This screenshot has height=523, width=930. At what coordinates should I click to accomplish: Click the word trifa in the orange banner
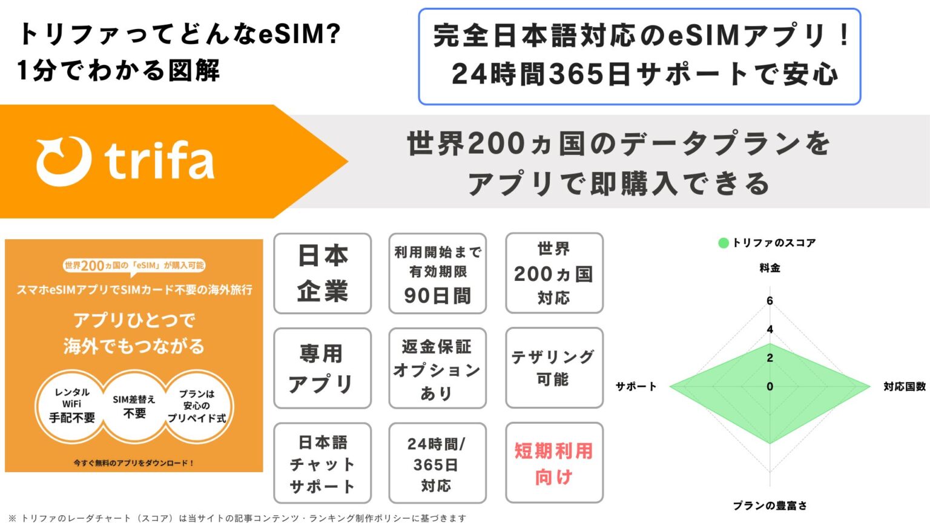click(159, 161)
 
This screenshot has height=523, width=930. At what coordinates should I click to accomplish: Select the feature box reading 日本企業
click(322, 274)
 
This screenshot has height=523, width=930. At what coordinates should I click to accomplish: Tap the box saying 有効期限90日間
click(437, 274)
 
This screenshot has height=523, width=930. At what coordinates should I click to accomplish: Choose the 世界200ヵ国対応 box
click(554, 274)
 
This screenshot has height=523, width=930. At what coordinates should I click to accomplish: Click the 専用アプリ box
click(322, 368)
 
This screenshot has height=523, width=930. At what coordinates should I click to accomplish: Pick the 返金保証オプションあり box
click(437, 368)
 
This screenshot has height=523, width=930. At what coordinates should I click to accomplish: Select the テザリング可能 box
click(554, 368)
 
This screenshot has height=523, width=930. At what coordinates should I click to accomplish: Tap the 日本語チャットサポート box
click(322, 463)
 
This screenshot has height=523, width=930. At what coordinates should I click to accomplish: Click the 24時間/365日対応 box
click(437, 463)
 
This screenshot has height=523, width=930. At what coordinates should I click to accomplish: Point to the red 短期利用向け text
click(554, 463)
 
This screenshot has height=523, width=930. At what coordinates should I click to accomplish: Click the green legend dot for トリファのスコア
click(723, 243)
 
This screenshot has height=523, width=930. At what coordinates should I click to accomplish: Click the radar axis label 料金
click(770, 268)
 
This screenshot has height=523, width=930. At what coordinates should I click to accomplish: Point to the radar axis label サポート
click(636, 386)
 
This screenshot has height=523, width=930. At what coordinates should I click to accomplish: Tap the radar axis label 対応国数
click(904, 386)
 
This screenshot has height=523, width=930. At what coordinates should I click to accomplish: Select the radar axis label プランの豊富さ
click(770, 505)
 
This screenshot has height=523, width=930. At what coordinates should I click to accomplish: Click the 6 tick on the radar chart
click(770, 301)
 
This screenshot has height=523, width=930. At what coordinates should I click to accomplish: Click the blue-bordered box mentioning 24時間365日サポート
click(639, 56)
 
